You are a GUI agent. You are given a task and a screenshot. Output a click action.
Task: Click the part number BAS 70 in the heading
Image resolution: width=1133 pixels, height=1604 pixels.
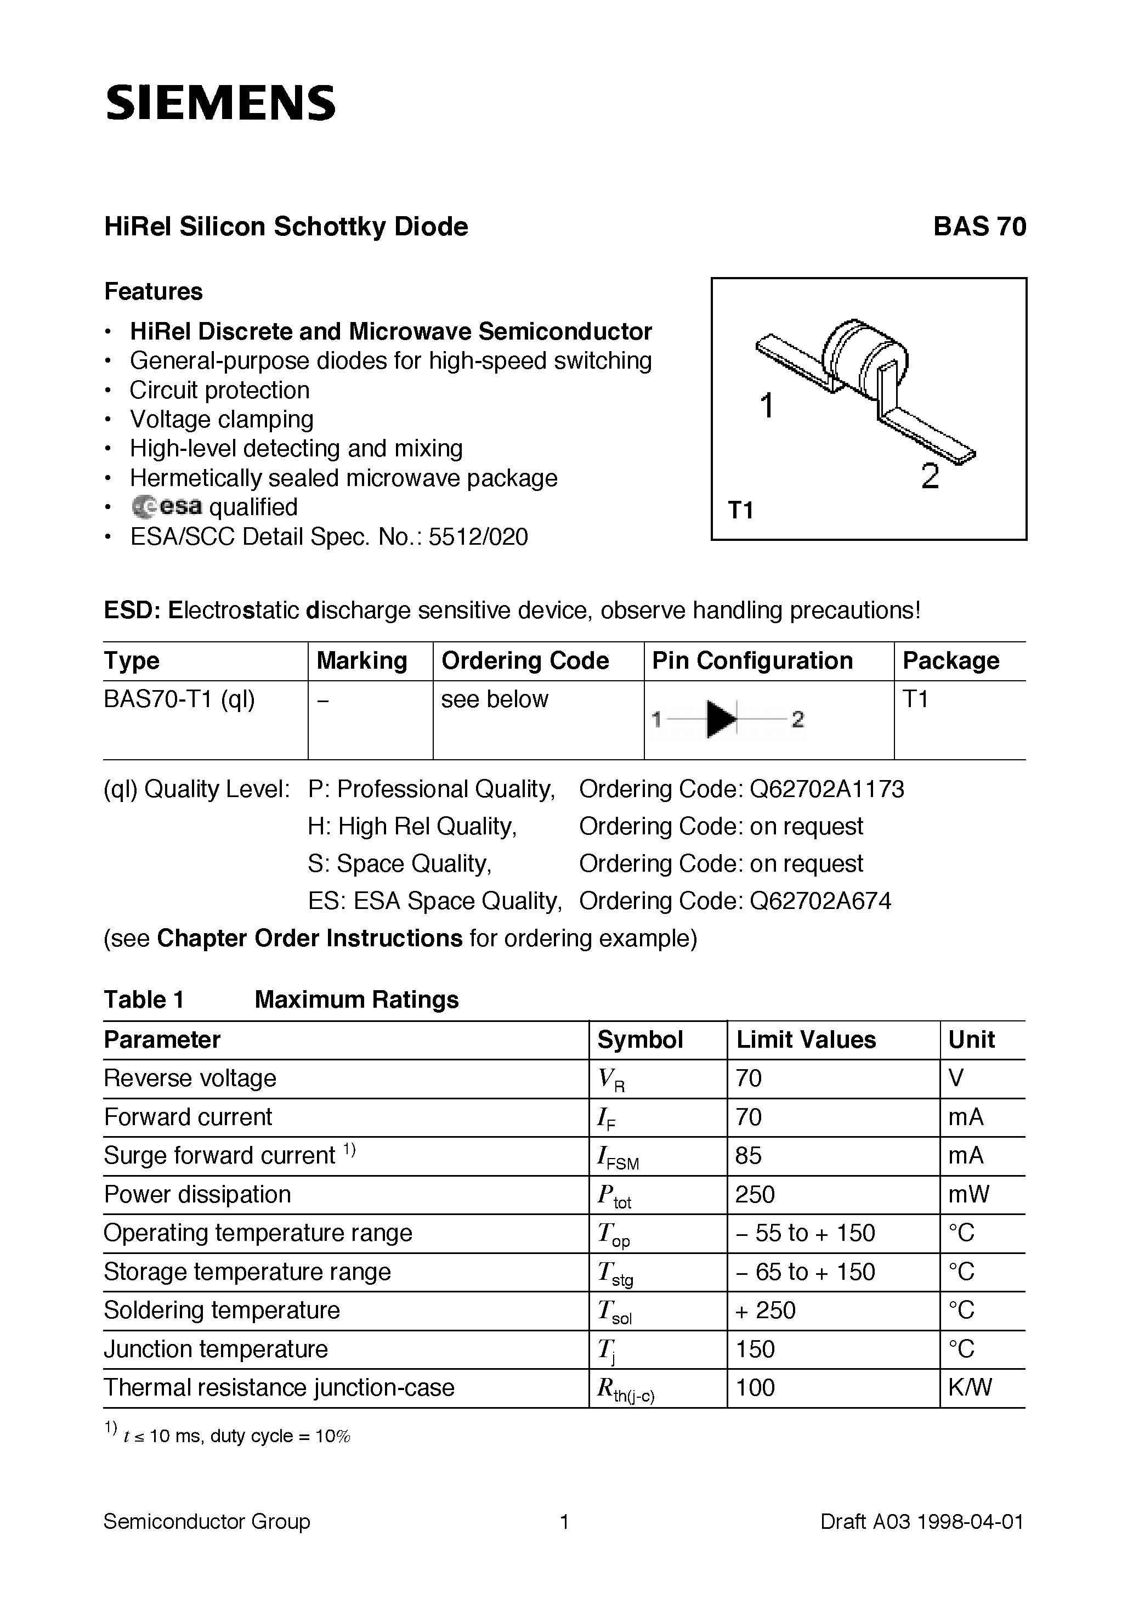979,227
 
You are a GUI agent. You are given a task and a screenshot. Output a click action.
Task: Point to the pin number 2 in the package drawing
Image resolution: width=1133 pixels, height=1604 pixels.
930,477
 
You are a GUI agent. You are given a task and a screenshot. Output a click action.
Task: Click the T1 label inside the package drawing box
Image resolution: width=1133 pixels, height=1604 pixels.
741,511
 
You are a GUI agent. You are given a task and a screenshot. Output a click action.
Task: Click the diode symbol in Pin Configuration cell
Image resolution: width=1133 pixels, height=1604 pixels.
722,719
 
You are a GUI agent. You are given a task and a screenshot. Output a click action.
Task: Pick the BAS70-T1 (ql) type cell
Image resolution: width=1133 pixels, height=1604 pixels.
179,699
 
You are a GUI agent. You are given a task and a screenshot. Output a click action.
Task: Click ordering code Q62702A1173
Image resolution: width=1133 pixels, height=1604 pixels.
826,789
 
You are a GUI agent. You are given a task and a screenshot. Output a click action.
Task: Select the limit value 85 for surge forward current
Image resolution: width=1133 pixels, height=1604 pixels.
748,1155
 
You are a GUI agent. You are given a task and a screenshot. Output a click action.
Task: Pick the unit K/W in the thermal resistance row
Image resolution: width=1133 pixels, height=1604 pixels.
970,1387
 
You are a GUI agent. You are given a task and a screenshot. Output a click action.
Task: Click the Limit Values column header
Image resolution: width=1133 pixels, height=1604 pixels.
806,1040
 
